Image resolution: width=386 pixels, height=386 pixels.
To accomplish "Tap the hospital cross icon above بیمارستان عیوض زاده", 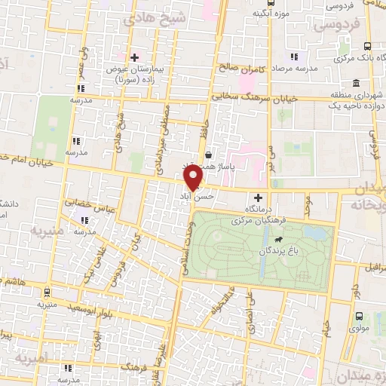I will pyautogui.click(x=135, y=57).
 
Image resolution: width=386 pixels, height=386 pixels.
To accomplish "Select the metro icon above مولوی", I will pyautogui.click(x=358, y=316).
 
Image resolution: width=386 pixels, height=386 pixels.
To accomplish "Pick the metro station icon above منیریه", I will pyautogui.click(x=47, y=293).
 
